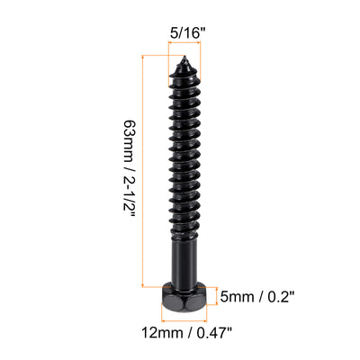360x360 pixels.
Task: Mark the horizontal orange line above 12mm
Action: (184, 318)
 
